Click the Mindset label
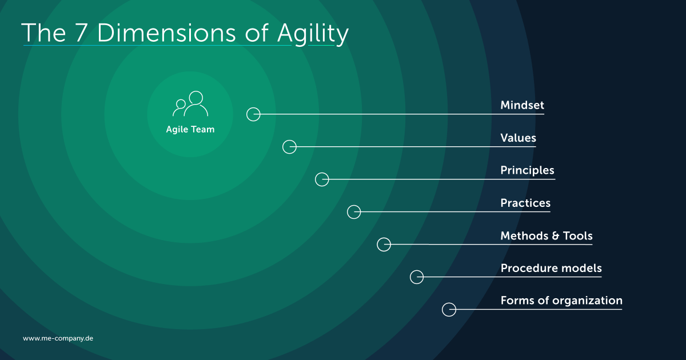[522, 106]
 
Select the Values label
[518, 138]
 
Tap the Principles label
[527, 171]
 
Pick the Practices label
[525, 203]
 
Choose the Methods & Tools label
[546, 236]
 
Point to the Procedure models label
[551, 269]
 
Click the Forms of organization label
[561, 301]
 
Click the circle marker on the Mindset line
[253, 114]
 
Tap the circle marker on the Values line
[290, 147]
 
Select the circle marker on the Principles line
[322, 179]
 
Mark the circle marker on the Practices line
[354, 212]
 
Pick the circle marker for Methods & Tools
[384, 245]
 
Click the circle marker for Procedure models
[417, 277]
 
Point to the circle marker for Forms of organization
[449, 310]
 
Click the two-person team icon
[190, 104]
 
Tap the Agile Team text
[190, 130]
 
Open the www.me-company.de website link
[58, 338]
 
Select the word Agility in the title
[313, 34]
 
